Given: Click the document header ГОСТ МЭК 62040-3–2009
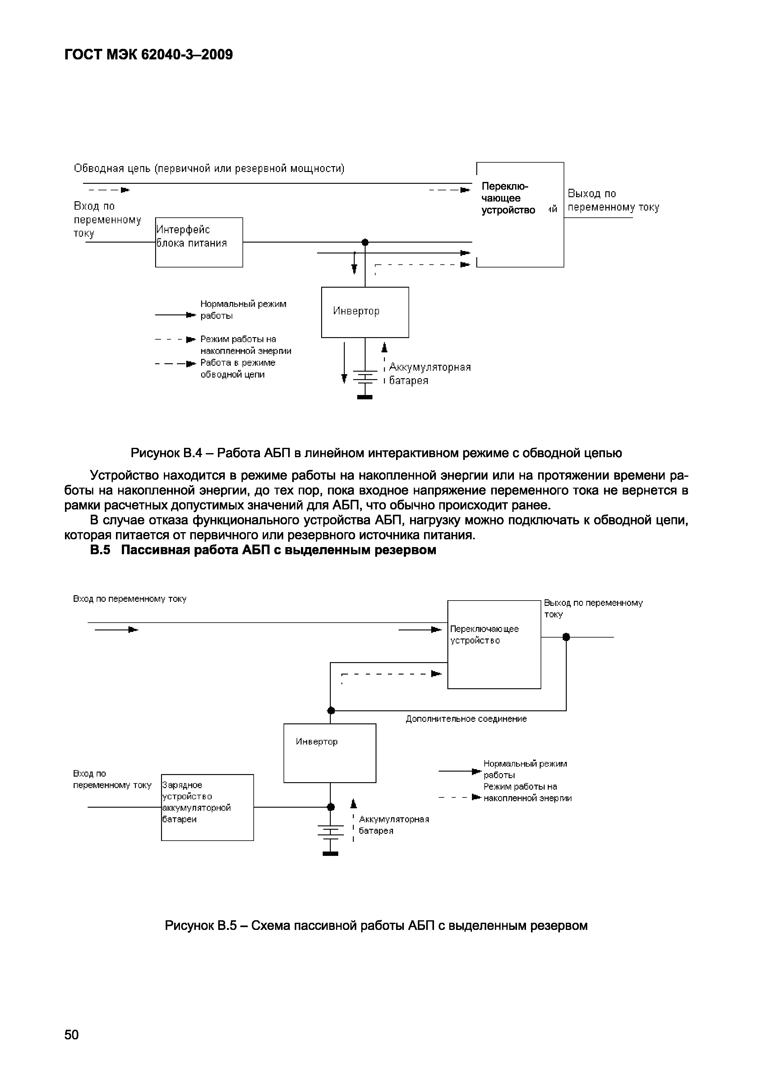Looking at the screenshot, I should pyautogui.click(x=149, y=55).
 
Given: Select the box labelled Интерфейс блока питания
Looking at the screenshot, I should pyautogui.click(x=199, y=242).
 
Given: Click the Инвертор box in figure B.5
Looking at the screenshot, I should pyautogui.click(x=330, y=753).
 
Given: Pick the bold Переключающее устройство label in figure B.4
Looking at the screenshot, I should pyautogui.click(x=508, y=198).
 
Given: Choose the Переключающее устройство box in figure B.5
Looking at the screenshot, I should pyautogui.click(x=494, y=644).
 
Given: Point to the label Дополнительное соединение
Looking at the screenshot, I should pyautogui.click(x=466, y=719).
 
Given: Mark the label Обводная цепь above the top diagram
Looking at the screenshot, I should pyautogui.click(x=209, y=169).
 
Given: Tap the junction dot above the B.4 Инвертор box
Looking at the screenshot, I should pyautogui.click(x=365, y=242).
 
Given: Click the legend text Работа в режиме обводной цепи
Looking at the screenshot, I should pyautogui.click(x=238, y=368).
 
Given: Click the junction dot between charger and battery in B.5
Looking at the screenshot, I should pyautogui.click(x=331, y=807).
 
